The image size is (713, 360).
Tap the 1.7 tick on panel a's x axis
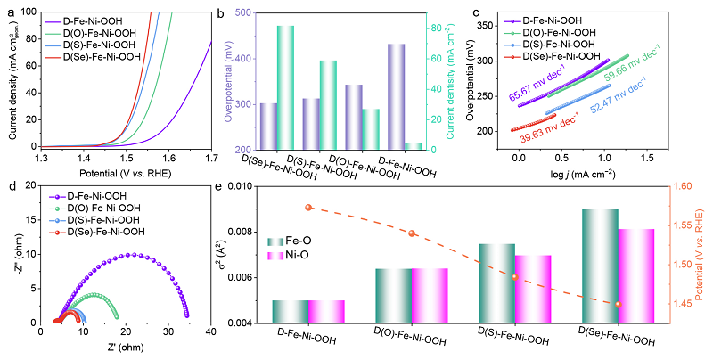(210, 158)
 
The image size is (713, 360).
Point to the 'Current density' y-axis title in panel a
(12, 78)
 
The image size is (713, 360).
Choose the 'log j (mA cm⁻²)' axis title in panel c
(586, 172)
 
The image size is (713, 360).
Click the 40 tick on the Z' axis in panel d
(210, 332)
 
